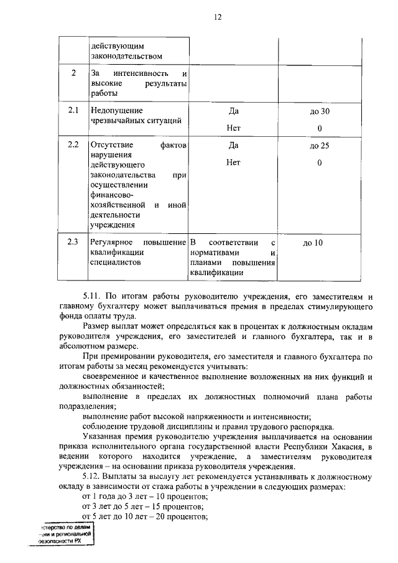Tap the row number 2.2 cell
[x=73, y=146]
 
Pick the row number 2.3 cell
[x=73, y=242]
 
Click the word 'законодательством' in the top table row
[x=122, y=57]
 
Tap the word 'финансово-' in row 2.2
[x=112, y=195]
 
